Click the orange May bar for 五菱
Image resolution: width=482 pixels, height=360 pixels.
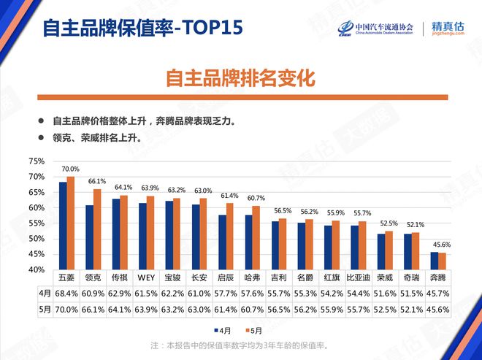pyautogui.click(x=71, y=223)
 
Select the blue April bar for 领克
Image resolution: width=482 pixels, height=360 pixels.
pyautogui.click(x=89, y=237)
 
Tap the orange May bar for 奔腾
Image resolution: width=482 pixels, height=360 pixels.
pyautogui.click(x=441, y=261)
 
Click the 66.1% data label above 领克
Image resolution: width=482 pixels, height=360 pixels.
pyautogui.click(x=97, y=181)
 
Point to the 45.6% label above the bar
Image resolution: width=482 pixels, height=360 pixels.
pyautogui.click(x=441, y=244)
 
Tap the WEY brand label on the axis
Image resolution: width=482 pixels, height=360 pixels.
pyautogui.click(x=145, y=278)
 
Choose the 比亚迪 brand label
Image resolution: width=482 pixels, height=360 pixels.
pyautogui.click(x=359, y=278)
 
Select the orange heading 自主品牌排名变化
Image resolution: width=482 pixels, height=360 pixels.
pyautogui.click(x=240, y=77)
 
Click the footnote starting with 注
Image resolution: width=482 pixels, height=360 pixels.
pyautogui.click(x=240, y=345)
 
